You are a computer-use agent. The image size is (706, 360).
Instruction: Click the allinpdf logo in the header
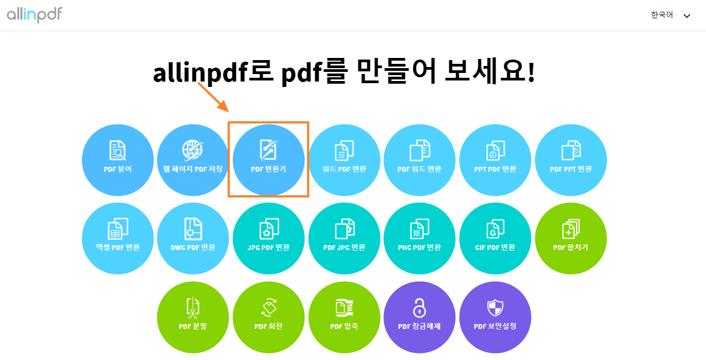pyautogui.click(x=35, y=14)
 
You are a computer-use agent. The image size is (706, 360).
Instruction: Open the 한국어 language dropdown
pyautogui.click(x=670, y=16)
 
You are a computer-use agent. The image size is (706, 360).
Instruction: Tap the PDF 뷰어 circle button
pyautogui.click(x=118, y=160)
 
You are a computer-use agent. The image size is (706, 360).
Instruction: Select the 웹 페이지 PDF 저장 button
pyautogui.click(x=193, y=160)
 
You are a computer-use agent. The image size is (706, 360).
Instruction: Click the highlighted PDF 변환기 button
pyautogui.click(x=268, y=160)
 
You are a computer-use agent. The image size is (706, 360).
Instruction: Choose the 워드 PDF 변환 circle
pyautogui.click(x=344, y=160)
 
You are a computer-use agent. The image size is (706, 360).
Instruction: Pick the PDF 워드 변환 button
pyautogui.click(x=419, y=160)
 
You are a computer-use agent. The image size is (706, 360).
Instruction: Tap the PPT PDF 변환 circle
pyautogui.click(x=495, y=160)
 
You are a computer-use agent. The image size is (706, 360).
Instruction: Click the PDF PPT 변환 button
pyautogui.click(x=571, y=160)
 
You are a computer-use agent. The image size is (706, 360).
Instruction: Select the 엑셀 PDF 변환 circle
pyautogui.click(x=118, y=239)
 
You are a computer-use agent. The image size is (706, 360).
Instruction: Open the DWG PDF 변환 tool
pyautogui.click(x=193, y=239)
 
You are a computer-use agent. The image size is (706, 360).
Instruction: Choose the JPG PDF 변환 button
pyautogui.click(x=268, y=239)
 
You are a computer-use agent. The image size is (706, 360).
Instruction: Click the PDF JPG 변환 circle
pyautogui.click(x=344, y=239)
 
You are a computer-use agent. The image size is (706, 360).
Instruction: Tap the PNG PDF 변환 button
pyautogui.click(x=419, y=239)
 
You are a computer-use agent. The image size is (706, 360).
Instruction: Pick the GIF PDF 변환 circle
pyautogui.click(x=495, y=239)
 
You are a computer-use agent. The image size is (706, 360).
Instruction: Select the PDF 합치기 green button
pyautogui.click(x=571, y=239)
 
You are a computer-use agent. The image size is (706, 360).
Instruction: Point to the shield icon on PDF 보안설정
pyautogui.click(x=495, y=308)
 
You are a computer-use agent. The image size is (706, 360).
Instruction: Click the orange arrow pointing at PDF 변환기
pyautogui.click(x=213, y=97)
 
